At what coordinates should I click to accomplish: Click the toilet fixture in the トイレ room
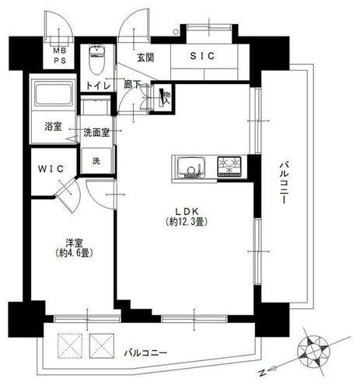pos(96,60)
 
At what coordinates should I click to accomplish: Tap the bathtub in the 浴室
pos(54,94)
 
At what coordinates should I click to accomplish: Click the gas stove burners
pos(229,166)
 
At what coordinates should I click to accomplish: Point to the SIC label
pos(202,56)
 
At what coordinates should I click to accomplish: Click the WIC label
pos(51,169)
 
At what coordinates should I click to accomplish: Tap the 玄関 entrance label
pos(145,58)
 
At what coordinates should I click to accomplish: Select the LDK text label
pos(187,212)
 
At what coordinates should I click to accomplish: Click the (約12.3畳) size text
pos(187,222)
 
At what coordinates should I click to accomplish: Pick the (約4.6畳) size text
pos(74,252)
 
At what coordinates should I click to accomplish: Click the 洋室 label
pos(74,243)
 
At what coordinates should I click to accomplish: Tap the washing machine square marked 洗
pos(96,161)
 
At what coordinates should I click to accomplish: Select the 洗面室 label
pos(96,132)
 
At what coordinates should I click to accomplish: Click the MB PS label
pos(60,55)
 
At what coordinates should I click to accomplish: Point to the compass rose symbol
pos(314,352)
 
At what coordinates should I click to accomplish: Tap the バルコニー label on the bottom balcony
pos(145,353)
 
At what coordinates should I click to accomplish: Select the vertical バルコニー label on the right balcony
pos(284,183)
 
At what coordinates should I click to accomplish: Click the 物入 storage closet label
pos(166,97)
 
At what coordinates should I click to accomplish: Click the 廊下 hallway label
pos(132,85)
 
